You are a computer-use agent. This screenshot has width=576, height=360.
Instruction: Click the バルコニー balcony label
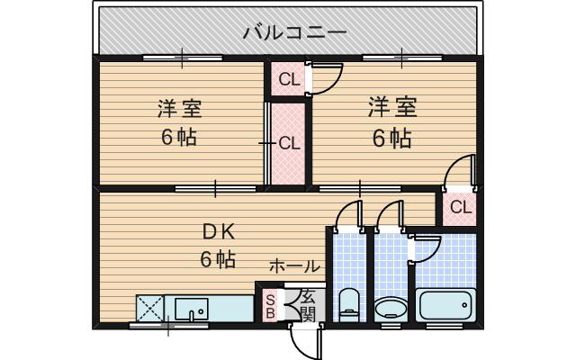pyautogui.click(x=293, y=33)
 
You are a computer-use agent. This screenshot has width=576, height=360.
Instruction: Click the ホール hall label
pyautogui.click(x=294, y=266)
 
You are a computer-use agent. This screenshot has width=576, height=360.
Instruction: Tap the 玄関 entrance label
pyautogui.click(x=308, y=306)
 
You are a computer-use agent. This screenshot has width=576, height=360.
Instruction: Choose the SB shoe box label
pyautogui.click(x=269, y=306)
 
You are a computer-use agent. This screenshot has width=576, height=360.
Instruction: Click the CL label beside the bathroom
pyautogui.click(x=460, y=208)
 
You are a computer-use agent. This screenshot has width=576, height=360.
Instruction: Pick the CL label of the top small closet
pyautogui.click(x=288, y=80)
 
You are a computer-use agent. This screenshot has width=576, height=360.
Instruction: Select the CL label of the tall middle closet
pyautogui.click(x=288, y=143)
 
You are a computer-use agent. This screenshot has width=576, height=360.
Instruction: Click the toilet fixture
pyautogui.click(x=348, y=303)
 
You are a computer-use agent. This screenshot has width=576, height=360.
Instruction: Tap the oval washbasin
pyautogui.click(x=390, y=309)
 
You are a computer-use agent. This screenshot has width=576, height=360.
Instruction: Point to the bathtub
pyautogui.click(x=445, y=306)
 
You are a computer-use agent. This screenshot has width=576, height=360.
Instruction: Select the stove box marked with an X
pyautogui.click(x=150, y=309)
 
